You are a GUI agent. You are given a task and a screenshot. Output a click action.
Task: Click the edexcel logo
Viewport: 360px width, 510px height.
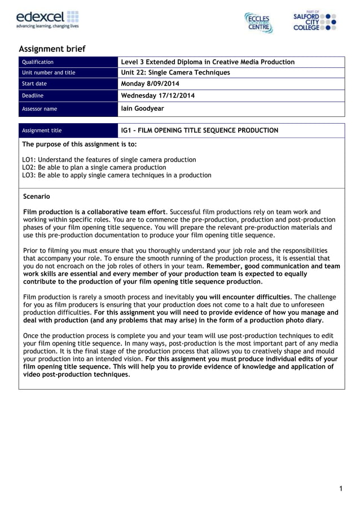(x=47, y=19)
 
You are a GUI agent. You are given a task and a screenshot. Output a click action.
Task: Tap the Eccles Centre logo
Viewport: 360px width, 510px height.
(x=258, y=22)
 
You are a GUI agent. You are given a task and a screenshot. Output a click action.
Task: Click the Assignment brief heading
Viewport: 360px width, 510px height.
(x=52, y=49)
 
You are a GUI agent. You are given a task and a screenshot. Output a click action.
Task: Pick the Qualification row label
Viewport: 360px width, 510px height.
(x=37, y=62)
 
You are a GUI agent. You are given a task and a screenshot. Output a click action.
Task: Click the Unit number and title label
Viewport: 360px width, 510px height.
(x=48, y=73)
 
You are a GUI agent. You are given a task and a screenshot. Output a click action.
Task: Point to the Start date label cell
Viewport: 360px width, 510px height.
(x=34, y=84)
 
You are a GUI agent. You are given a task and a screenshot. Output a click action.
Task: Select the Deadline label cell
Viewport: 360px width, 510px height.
(x=32, y=96)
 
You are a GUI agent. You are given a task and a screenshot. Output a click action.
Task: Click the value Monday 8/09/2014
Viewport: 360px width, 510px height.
(x=150, y=84)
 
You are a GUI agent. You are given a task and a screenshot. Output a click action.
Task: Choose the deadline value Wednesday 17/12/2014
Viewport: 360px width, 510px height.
(x=158, y=95)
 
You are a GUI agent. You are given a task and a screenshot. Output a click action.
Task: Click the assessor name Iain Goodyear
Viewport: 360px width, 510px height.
(x=142, y=108)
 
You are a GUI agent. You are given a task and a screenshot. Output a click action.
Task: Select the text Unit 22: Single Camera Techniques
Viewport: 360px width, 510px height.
(x=175, y=73)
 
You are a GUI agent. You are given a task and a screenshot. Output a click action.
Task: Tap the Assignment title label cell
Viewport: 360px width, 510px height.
(x=42, y=130)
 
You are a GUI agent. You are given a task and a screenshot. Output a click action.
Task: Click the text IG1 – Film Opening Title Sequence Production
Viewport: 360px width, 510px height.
(x=199, y=130)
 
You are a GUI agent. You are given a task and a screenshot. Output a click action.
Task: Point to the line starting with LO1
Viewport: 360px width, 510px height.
(x=109, y=160)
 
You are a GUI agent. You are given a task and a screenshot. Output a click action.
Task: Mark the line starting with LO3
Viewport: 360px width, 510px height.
(x=116, y=175)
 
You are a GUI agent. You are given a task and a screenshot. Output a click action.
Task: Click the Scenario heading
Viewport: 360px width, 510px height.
(x=36, y=197)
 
